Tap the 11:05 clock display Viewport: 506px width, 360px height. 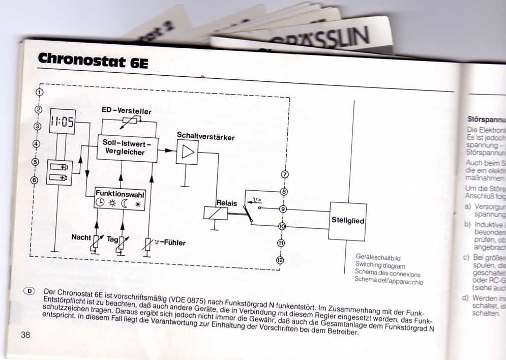coord(62,122)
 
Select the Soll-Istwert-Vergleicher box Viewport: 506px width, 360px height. coord(127,146)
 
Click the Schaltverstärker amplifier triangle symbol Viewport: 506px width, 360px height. coord(187,152)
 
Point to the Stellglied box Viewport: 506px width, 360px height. coord(348,221)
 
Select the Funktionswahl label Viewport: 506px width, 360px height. coord(120,194)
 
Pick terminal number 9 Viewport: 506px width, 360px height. coord(283,209)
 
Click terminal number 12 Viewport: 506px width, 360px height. coord(279,260)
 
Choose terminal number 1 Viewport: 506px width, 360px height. coord(39,93)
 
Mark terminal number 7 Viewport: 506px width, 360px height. coord(285,175)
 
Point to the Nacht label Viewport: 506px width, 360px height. coord(81,237)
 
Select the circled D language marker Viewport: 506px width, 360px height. coord(30,291)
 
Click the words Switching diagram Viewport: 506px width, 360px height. coord(380,265)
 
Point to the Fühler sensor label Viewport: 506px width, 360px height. coord(170,243)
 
